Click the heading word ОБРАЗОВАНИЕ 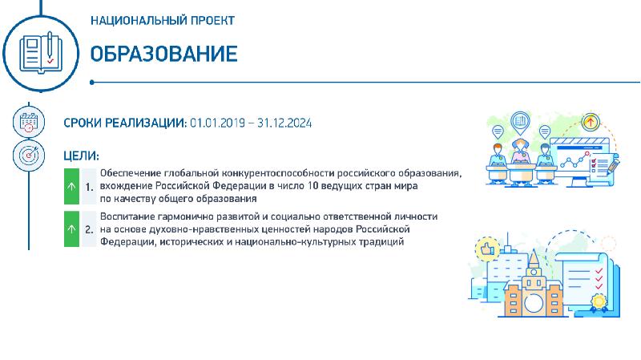pyautogui.click(x=163, y=54)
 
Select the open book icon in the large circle pyautogui.click(x=41, y=53)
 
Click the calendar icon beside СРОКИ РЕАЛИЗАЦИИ pyautogui.click(x=29, y=122)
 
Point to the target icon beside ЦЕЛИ pyautogui.click(x=29, y=156)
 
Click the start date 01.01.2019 pyautogui.click(x=217, y=123)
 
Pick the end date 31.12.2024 pyautogui.click(x=284, y=123)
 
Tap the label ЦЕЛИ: pyautogui.click(x=82, y=156)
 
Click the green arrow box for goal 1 pyautogui.click(x=71, y=186)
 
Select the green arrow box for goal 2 pyautogui.click(x=71, y=229)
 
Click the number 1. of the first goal pyautogui.click(x=90, y=187)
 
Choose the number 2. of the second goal pyautogui.click(x=90, y=229)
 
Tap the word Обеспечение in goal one pyautogui.click(x=131, y=173)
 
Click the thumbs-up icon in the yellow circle pyautogui.click(x=487, y=249)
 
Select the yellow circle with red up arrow pyautogui.click(x=590, y=122)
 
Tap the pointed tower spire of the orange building pyautogui.click(x=534, y=257)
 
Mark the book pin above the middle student pyautogui.click(x=520, y=123)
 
